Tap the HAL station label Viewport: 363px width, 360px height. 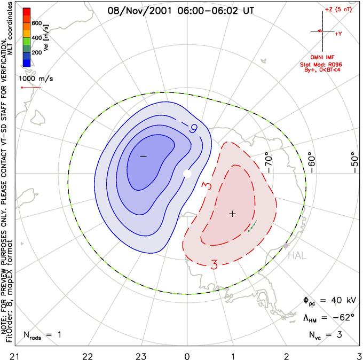point(297,256)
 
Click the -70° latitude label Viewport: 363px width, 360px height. point(269,159)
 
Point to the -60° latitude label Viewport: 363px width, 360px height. point(312,159)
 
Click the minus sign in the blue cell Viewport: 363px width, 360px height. point(143,155)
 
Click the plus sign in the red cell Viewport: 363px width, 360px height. point(232,214)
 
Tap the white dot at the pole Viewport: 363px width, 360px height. point(187,174)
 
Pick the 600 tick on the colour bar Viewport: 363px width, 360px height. point(37,24)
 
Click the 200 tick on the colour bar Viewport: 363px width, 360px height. point(37,53)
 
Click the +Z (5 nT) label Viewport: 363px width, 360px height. point(336,10)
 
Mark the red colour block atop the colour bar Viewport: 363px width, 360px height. point(26,13)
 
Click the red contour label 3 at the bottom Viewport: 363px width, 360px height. point(214,264)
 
